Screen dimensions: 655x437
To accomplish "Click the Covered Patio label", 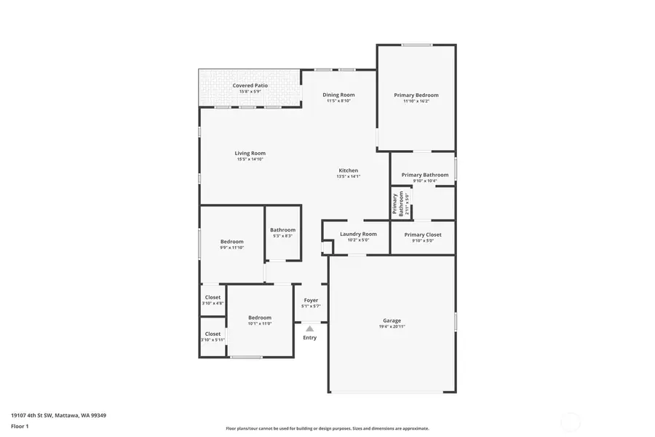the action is coord(250,86).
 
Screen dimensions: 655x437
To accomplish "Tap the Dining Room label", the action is coord(338,95).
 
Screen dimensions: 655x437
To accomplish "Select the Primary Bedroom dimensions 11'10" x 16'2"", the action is coord(416,101).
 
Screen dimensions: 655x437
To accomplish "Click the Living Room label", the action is coord(250,153).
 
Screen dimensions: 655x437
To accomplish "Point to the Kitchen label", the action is coord(348,170).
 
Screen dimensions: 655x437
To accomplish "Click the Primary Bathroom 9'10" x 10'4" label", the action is coord(425,175).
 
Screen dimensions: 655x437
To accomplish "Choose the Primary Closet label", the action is coord(423,235).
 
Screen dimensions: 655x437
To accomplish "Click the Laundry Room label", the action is coord(358,234).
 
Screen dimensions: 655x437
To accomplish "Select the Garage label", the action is coord(392,320).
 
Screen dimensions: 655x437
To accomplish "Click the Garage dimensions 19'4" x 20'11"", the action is coord(392,327).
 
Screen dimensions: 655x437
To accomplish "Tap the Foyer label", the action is coord(311,300).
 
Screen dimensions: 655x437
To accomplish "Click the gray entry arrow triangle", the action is coord(309,328).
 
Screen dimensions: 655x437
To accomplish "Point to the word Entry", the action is coord(309,337).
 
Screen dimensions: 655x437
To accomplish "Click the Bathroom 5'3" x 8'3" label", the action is coord(282,230).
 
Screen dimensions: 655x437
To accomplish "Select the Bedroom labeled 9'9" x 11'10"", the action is coord(231,242).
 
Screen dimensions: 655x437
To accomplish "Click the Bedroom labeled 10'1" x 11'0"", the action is coord(259,318).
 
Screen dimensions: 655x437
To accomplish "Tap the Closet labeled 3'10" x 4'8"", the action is coord(213,297).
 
